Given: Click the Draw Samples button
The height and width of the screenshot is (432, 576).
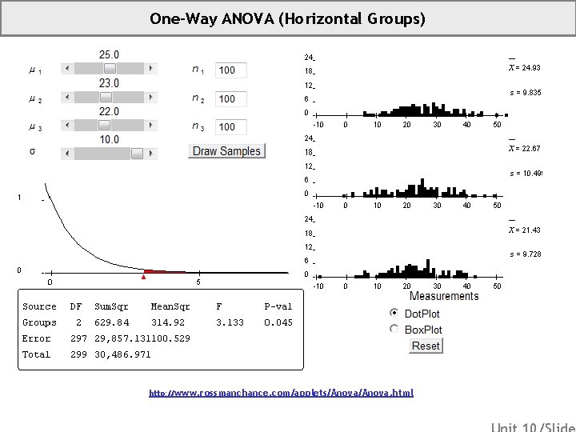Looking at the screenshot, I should click(x=226, y=151).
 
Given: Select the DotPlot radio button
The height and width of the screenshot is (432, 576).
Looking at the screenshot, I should click(x=394, y=313).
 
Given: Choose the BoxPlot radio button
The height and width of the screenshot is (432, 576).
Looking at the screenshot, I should click(x=394, y=329).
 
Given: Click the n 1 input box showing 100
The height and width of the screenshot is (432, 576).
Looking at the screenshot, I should click(x=231, y=70).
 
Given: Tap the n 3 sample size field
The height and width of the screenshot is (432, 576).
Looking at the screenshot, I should click(x=231, y=127).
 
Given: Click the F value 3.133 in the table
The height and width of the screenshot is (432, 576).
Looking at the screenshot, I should click(x=230, y=322).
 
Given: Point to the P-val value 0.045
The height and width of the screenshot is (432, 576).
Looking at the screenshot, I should click(x=278, y=322).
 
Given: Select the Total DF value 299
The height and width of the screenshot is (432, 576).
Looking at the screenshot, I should click(x=78, y=354).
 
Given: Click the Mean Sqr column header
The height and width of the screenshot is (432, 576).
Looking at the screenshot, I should click(x=170, y=306).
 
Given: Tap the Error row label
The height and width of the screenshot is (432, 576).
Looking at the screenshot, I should click(x=37, y=338).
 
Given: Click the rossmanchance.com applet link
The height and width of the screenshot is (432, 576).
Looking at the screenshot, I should click(x=282, y=394).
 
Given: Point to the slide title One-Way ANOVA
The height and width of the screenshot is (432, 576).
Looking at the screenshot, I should click(x=287, y=18).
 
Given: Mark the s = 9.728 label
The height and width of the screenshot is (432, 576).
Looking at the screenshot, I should click(x=526, y=254).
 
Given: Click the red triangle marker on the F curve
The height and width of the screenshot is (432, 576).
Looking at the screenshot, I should click(x=144, y=277).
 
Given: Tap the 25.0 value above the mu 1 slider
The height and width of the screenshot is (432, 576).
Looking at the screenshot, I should click(x=109, y=54).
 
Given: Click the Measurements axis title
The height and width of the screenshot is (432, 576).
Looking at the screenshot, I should click(x=444, y=296).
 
